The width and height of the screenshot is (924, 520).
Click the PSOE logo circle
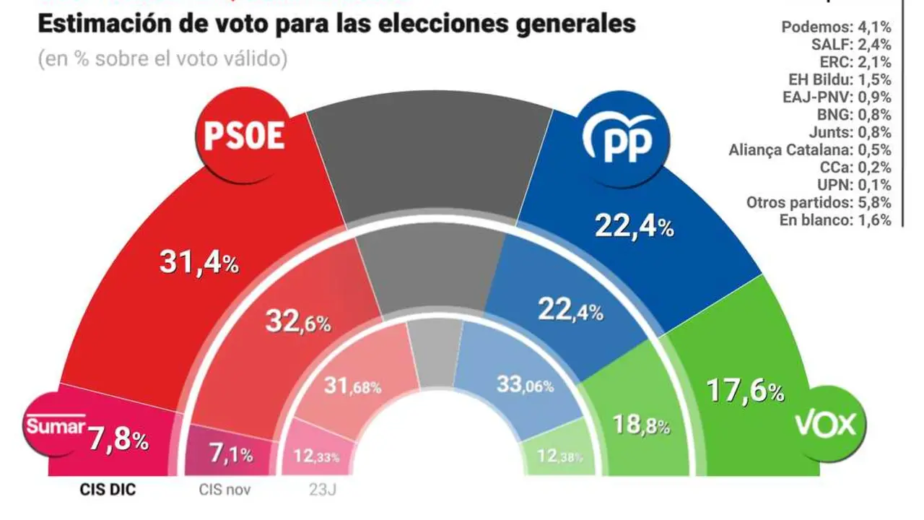coord(244,137)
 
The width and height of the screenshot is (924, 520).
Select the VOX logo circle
coord(824,425)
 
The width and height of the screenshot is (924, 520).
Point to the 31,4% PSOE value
coord(199,263)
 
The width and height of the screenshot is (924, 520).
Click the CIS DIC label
coord(107,490)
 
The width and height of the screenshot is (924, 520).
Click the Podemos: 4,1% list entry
coord(836,27)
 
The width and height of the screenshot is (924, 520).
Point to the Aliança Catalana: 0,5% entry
coord(810,150)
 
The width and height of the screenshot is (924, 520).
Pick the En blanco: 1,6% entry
coord(835,220)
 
